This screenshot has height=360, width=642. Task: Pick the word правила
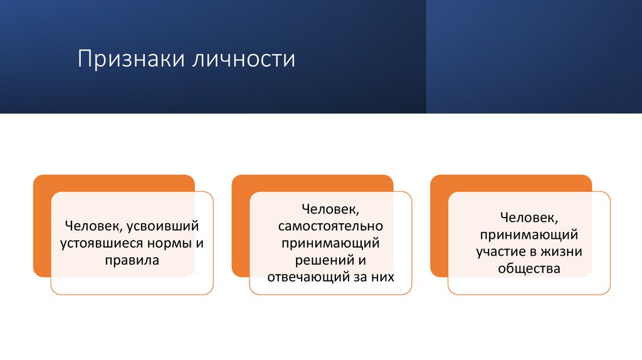(x=132, y=259)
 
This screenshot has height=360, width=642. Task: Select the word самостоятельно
(x=330, y=225)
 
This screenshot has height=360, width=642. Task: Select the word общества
(x=529, y=268)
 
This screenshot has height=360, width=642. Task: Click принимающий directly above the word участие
(x=529, y=235)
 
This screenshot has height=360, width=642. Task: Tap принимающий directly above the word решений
(x=330, y=242)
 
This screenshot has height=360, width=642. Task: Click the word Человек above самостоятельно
(x=330, y=208)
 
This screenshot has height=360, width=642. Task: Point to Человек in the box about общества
(x=529, y=218)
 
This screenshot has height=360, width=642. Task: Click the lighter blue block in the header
(x=534, y=56)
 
